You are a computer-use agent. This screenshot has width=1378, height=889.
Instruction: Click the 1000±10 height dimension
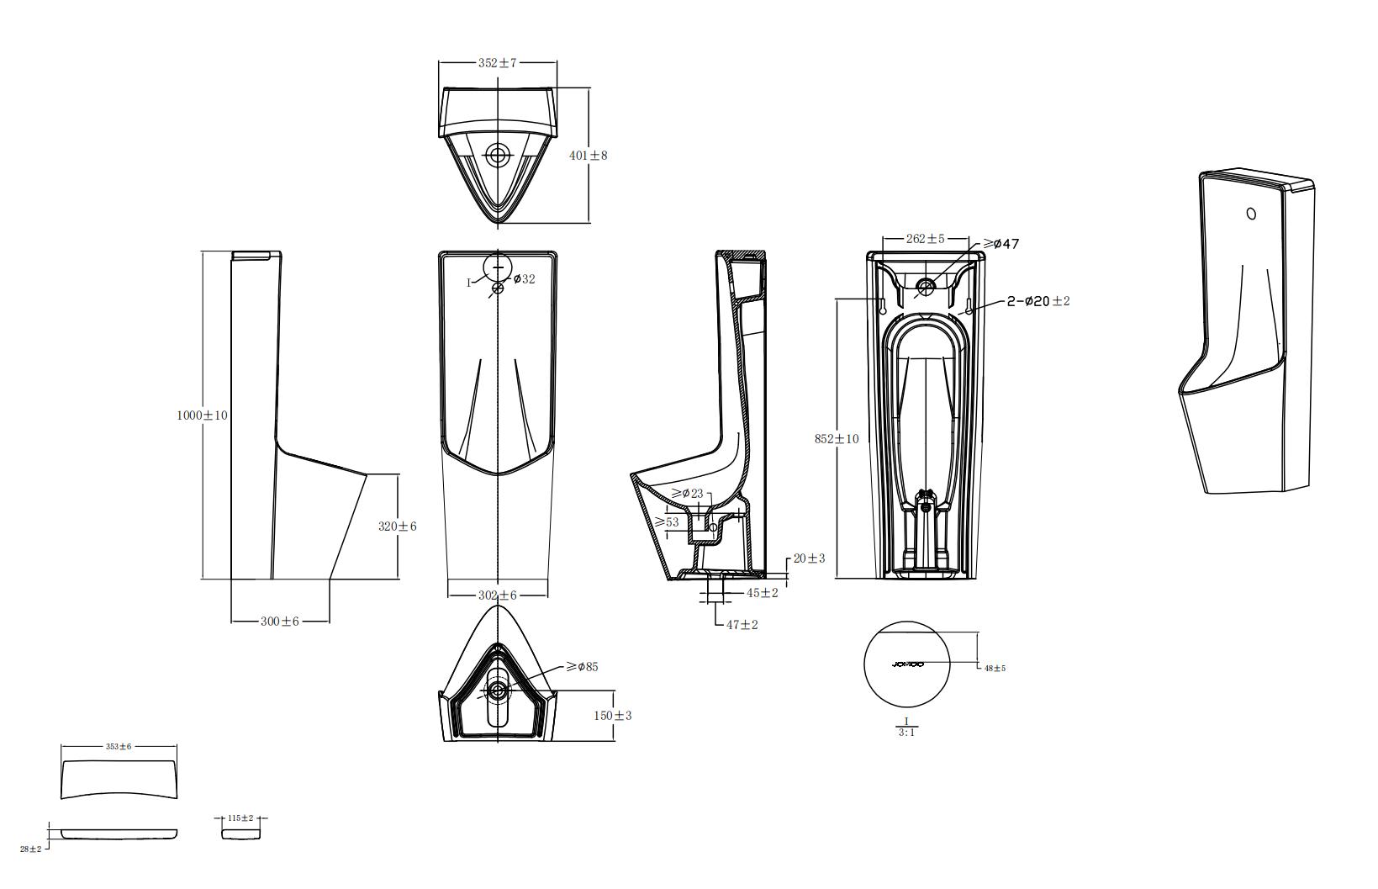point(202,415)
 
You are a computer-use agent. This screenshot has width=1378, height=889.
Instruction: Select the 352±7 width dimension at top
point(497,63)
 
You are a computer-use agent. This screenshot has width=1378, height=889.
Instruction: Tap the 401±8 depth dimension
point(588,156)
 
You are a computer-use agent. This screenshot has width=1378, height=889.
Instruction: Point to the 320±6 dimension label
point(397,527)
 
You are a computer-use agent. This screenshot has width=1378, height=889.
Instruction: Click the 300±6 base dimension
point(279,622)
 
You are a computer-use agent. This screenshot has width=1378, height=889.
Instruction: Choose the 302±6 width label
point(497,595)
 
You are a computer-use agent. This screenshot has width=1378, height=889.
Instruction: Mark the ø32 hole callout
point(523,279)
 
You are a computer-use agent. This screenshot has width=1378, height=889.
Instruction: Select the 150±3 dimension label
point(612,716)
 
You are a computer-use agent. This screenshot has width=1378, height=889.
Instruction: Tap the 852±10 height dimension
point(837,439)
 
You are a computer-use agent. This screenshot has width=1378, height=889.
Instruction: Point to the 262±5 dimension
point(925,239)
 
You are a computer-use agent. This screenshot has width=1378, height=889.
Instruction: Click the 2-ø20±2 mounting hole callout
point(1038,301)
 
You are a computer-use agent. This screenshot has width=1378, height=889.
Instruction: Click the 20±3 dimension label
point(809,558)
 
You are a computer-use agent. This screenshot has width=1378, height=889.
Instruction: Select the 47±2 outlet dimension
point(742,625)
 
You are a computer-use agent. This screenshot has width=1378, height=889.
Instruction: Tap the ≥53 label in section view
point(667,522)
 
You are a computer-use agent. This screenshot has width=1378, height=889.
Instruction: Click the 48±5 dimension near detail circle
point(995,668)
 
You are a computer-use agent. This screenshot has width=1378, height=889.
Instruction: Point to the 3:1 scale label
point(906,733)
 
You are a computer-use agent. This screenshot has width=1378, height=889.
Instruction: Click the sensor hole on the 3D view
point(1251,214)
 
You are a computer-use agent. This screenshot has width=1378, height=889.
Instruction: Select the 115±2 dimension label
point(240,818)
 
